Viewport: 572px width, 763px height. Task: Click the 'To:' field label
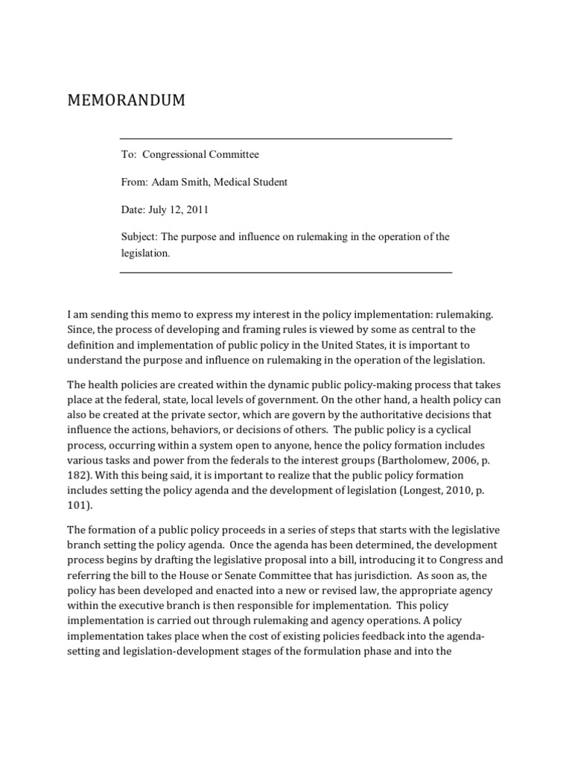click(x=129, y=155)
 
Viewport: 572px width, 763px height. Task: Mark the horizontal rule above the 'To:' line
click(x=285, y=139)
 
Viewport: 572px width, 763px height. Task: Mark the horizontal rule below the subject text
click(x=285, y=273)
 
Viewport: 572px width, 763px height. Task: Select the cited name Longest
click(x=433, y=490)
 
